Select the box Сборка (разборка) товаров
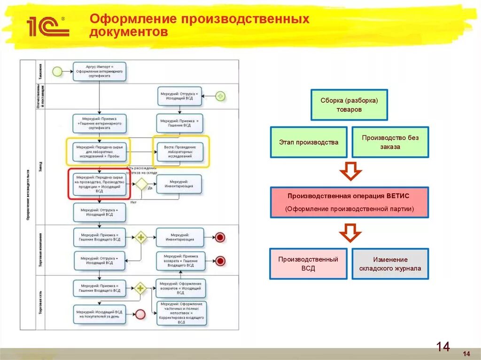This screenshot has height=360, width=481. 349,105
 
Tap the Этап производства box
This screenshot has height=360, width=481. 308,142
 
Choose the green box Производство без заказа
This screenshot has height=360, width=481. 390,142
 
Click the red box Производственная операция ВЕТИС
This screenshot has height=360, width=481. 349,202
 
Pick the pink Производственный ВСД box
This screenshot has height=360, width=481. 308,264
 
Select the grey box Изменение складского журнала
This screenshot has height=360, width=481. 390,264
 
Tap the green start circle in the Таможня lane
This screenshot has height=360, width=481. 57,71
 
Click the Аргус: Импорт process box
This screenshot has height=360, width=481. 100,71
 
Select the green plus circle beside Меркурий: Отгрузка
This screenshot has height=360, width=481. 220,96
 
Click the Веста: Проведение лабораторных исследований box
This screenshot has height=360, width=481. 180,152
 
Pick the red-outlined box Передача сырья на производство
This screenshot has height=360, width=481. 100,184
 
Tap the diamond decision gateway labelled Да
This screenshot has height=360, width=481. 140,184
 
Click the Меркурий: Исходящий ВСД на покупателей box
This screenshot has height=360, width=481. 100,314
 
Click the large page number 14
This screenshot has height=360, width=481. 442,347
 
